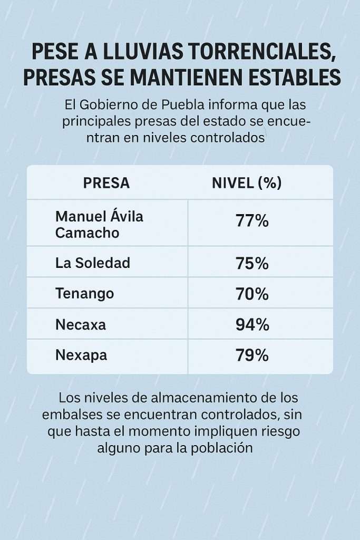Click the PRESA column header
[106, 183]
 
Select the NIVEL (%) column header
[246, 183]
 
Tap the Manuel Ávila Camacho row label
[99, 224]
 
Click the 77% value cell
[252, 221]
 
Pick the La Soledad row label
[92, 263]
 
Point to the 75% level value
[252, 263]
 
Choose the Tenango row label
[84, 293]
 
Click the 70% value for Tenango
[252, 294]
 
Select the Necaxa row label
[80, 324]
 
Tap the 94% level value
[252, 324]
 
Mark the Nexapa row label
[81, 355]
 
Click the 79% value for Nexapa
[252, 355]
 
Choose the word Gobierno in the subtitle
[113, 105]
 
